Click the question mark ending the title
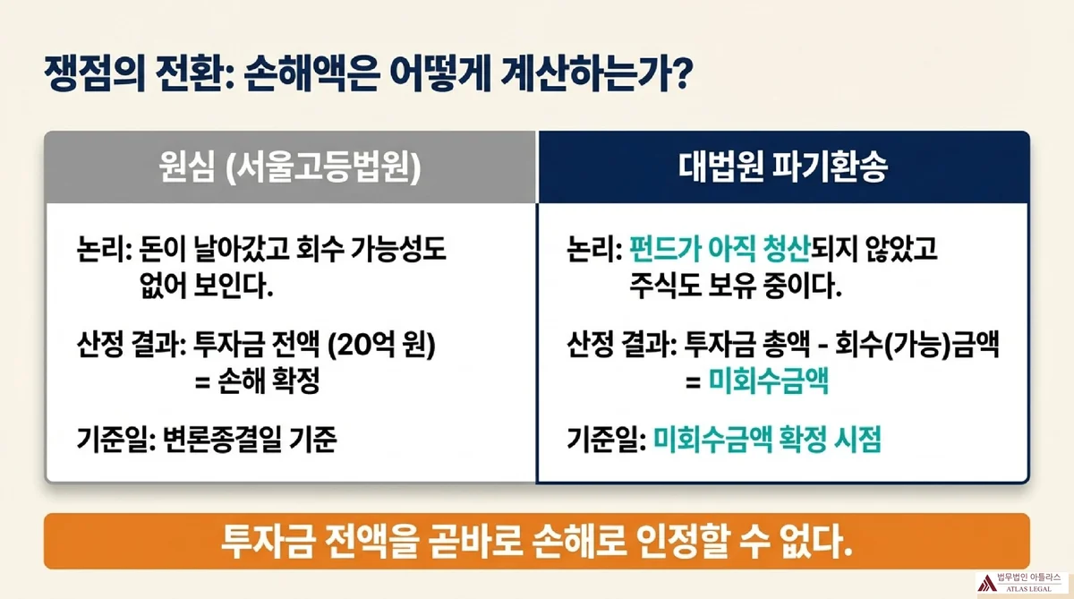pyautogui.click(x=682, y=73)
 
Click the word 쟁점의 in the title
pyautogui.click(x=95, y=73)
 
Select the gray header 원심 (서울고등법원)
pyautogui.click(x=290, y=167)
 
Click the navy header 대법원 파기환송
pyautogui.click(x=784, y=167)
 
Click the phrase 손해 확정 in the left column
pyautogui.click(x=268, y=381)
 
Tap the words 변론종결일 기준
pyautogui.click(x=250, y=440)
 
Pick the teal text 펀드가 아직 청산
pyautogui.click(x=720, y=249)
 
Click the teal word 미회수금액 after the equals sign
pyautogui.click(x=769, y=381)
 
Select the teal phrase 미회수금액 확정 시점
pyautogui.click(x=767, y=440)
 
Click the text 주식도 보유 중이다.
pyautogui.click(x=736, y=286)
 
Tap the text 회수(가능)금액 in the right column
pyautogui.click(x=917, y=345)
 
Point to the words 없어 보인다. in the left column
pyautogui.click(x=207, y=286)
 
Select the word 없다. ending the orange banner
pyautogui.click(x=816, y=542)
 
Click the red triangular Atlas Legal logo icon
pyautogui.click(x=986, y=583)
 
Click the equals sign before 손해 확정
pyautogui.click(x=203, y=382)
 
